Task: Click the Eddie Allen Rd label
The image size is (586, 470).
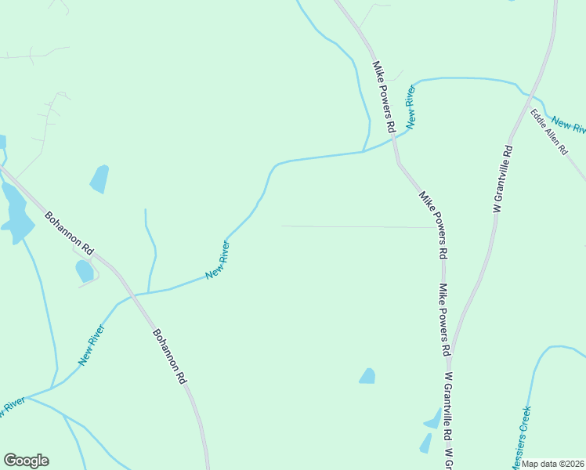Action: (x=548, y=132)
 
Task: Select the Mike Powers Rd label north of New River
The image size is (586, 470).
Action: (x=383, y=97)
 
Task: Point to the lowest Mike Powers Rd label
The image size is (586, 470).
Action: (x=443, y=317)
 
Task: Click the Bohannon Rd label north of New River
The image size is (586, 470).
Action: (x=69, y=233)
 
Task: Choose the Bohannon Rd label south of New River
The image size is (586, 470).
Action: (x=170, y=356)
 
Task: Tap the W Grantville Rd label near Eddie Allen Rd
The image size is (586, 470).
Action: (x=503, y=179)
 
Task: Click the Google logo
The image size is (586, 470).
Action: (x=26, y=461)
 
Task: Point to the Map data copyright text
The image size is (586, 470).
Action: (x=553, y=464)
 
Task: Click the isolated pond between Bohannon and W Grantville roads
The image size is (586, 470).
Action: (x=367, y=376)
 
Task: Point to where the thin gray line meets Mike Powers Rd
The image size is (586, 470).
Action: (x=433, y=227)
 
